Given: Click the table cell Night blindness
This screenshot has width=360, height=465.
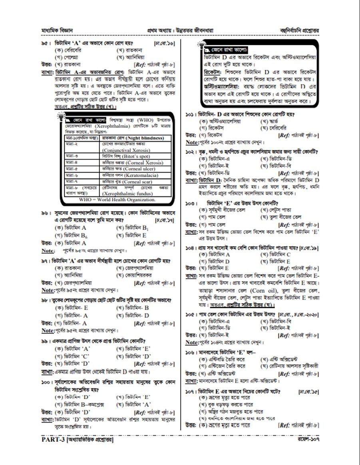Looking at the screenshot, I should coord(139,138).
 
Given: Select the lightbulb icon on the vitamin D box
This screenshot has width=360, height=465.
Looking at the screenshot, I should coord(201,44).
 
